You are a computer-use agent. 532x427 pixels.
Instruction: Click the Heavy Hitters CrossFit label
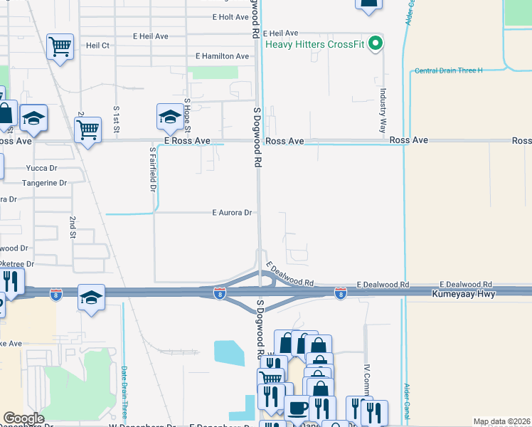pyautogui.click(x=315, y=44)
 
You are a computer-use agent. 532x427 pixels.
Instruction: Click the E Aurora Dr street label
pyautogui.click(x=232, y=213)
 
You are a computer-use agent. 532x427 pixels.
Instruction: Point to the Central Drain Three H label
pyautogui.click(x=448, y=70)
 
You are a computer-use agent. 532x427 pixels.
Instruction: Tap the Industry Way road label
pyautogui.click(x=383, y=110)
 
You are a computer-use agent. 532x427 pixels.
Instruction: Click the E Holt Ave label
pyautogui.click(x=230, y=17)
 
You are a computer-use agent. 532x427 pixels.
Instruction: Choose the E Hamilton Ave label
pyautogui.click(x=223, y=56)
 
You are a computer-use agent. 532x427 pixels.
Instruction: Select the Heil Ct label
pyautogui.click(x=97, y=45)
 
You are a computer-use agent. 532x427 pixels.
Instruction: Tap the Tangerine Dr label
pyautogui.click(x=44, y=183)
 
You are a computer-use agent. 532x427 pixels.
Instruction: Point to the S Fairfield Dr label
pyautogui.click(x=152, y=169)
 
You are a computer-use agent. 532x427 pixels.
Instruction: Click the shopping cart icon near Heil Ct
pyautogui.click(x=60, y=47)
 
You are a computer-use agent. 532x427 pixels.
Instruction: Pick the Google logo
pyautogui.click(x=23, y=418)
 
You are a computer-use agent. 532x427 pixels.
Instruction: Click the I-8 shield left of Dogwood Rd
pyautogui.click(x=220, y=292)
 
